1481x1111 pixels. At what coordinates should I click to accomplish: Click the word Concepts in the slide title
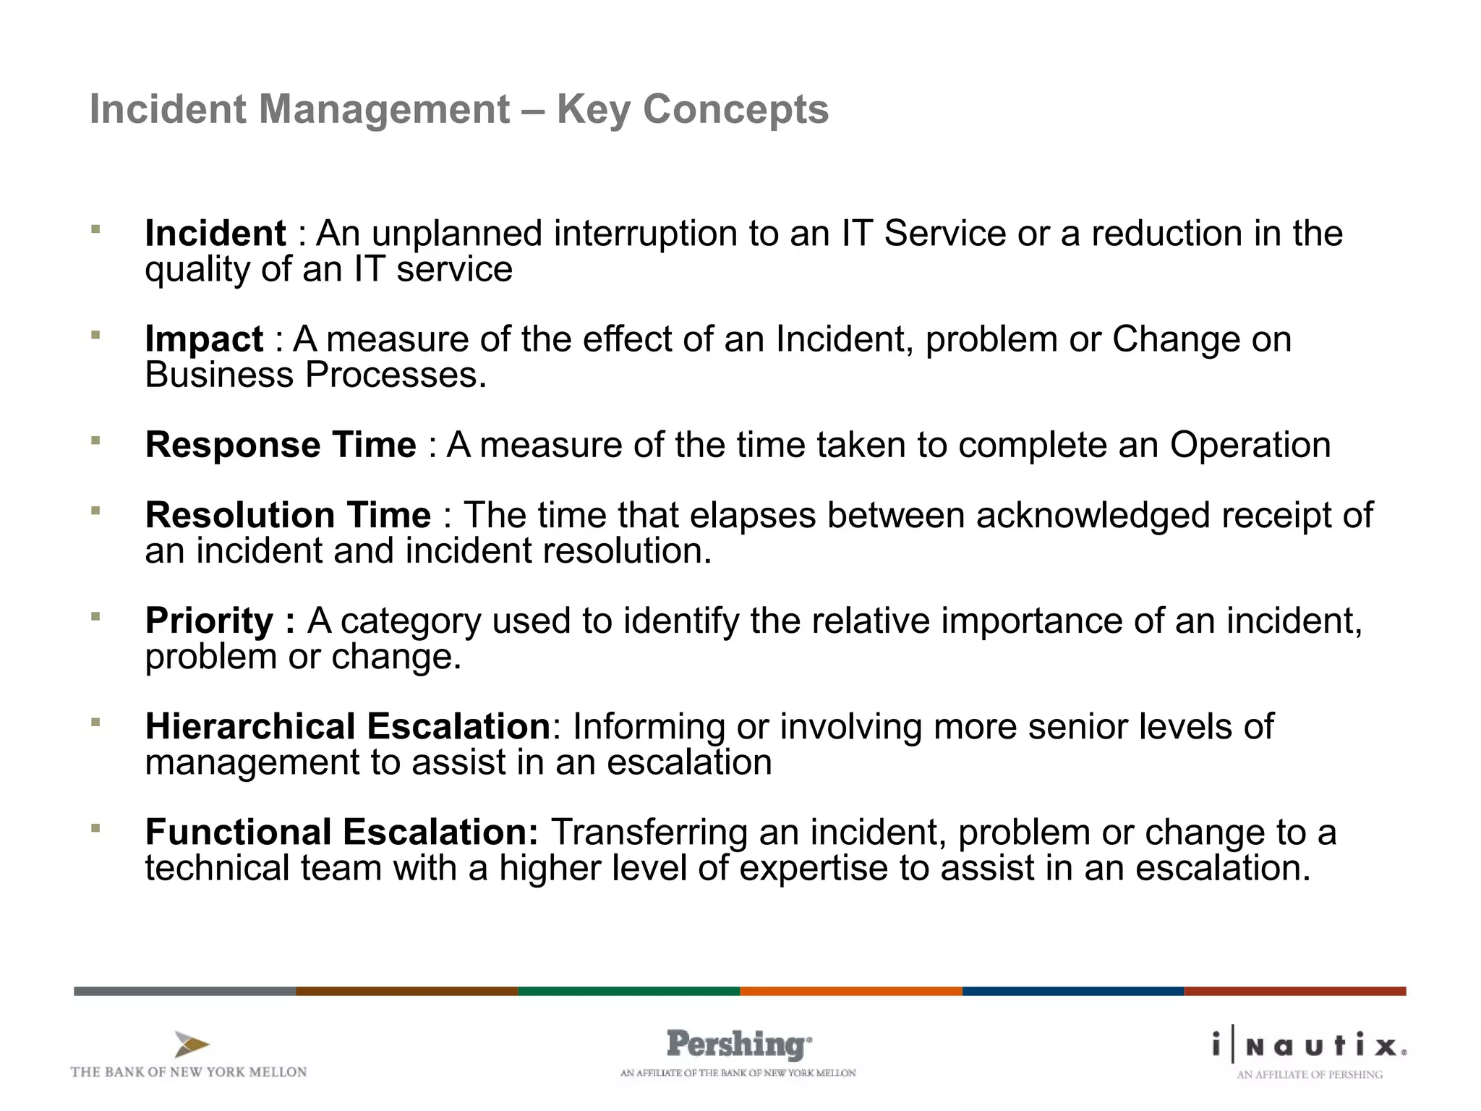click(x=735, y=110)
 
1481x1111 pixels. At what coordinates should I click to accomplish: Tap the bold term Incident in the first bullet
click(x=215, y=234)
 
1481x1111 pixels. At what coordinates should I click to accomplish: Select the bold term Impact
click(x=204, y=339)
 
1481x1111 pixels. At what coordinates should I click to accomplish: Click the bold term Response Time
click(x=281, y=445)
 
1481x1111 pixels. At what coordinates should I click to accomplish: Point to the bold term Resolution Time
click(x=288, y=515)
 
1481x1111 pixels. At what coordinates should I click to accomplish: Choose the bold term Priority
click(x=210, y=621)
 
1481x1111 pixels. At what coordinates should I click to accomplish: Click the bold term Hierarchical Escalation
click(x=348, y=726)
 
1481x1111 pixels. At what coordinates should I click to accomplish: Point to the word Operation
click(x=1250, y=445)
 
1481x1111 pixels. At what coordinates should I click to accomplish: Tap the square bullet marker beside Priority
click(x=95, y=616)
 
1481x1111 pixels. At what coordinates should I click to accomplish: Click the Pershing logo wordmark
click(x=738, y=1044)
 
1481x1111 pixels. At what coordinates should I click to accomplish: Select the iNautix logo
click(x=1309, y=1046)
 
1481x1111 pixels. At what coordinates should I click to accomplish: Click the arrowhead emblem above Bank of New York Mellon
click(x=192, y=1044)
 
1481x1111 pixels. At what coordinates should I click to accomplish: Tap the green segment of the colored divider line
click(x=628, y=991)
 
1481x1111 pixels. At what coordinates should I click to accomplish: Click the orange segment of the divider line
click(x=850, y=991)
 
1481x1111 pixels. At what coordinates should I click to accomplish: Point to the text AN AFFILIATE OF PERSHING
click(x=1309, y=1075)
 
